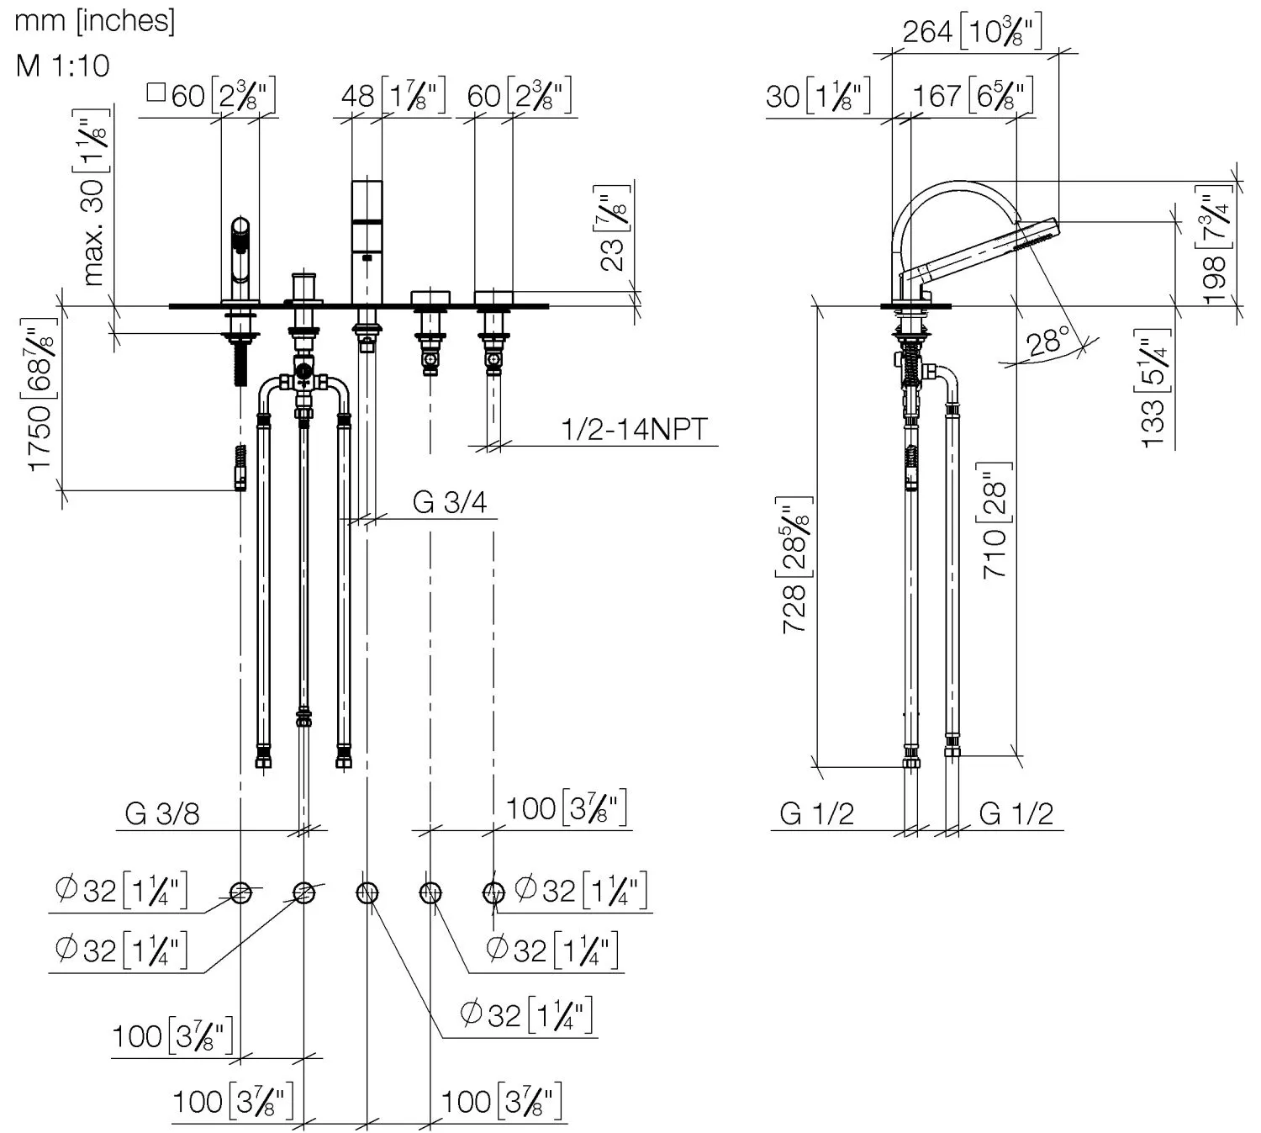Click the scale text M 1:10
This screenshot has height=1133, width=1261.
pos(62,65)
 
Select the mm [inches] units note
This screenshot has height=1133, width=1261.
pos(94,20)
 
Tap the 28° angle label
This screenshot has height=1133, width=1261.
pos(1047,342)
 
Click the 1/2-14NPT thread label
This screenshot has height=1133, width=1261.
pos(634,430)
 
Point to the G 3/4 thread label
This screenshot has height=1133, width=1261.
pos(450,502)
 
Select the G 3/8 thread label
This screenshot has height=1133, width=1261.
pos(162,813)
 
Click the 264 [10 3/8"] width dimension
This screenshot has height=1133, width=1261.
pos(972,32)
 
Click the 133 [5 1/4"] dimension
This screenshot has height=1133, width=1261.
pos(1157,388)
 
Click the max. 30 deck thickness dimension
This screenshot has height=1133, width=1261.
pos(97,198)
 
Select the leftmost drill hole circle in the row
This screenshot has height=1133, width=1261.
pos(240,892)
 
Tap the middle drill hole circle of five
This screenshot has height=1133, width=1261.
pos(367,892)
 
